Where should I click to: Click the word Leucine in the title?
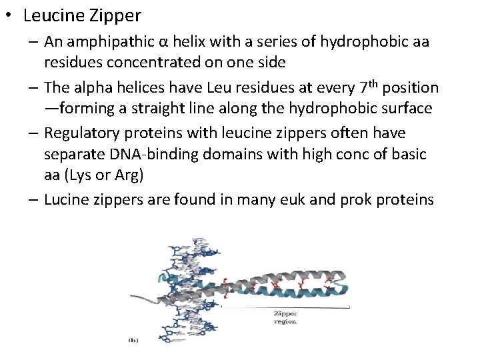click(52, 15)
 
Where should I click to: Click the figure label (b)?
click(133, 340)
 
